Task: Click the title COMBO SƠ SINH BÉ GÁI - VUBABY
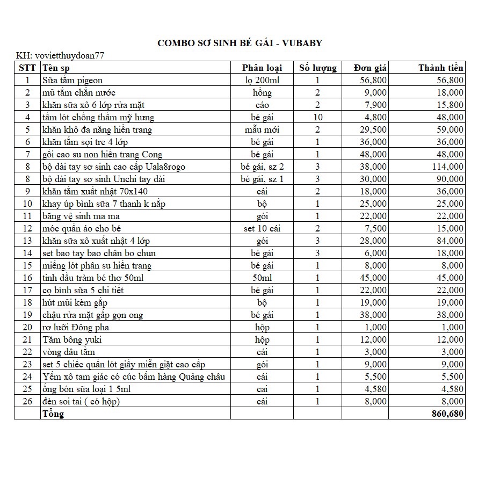click(240, 43)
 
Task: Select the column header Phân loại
click(262, 68)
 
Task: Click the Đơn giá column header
click(370, 68)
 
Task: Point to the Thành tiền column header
click(440, 68)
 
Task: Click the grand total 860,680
click(447, 414)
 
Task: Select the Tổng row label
click(53, 414)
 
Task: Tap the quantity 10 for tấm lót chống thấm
click(317, 118)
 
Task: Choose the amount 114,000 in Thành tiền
click(447, 167)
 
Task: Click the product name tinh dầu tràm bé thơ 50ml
click(93, 278)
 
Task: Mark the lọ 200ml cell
click(262, 81)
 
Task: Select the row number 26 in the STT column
click(28, 402)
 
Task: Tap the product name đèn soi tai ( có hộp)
click(82, 402)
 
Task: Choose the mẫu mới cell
click(262, 130)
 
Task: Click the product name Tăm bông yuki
click(72, 340)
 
